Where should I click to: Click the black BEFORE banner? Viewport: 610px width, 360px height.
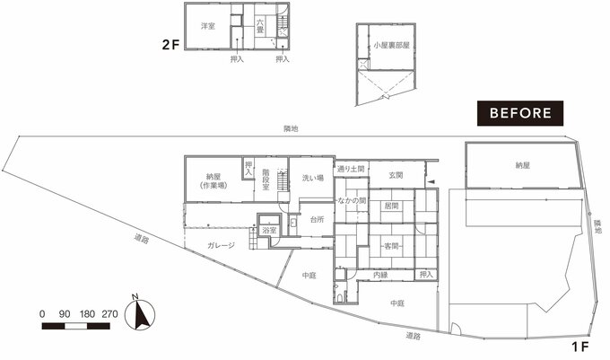(520, 113)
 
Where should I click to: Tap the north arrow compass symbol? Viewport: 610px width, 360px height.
(140, 313)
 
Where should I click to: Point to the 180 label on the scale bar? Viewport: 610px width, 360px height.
(87, 314)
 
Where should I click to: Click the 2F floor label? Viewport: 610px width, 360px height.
(170, 45)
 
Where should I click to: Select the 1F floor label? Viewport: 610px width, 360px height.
(580, 347)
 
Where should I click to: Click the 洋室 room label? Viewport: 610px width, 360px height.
(208, 26)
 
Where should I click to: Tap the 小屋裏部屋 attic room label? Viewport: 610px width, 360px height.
(392, 46)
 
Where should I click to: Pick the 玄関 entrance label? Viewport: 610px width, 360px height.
(396, 175)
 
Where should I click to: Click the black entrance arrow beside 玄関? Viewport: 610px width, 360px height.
(431, 181)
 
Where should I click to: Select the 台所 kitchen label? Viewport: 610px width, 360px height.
(317, 220)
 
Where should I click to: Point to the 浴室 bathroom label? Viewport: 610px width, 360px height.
(269, 231)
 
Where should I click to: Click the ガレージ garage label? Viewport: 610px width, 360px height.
(221, 245)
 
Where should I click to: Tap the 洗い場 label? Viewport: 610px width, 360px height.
(313, 179)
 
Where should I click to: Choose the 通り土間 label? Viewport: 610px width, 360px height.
(351, 169)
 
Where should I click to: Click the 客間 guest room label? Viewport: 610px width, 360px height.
(391, 246)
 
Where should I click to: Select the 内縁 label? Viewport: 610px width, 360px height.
(380, 275)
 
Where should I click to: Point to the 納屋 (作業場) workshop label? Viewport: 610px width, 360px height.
(213, 181)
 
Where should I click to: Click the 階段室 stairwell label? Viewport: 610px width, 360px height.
(266, 180)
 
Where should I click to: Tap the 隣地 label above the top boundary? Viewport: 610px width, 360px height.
(291, 128)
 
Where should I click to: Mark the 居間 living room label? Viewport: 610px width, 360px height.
(391, 206)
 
